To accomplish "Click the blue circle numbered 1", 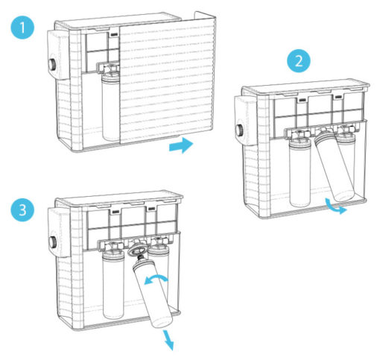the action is point(22,27).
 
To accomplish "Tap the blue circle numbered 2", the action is point(299,60).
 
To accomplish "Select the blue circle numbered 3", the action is point(22,209).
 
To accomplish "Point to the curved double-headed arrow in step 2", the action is point(335,206).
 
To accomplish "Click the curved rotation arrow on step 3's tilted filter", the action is point(156,279).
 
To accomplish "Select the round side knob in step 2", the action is point(241,130).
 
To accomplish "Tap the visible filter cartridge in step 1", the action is point(111,107).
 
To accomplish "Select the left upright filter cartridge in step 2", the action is point(300,172).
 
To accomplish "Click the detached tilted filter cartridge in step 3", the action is point(151,293).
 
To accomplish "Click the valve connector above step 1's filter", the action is point(109,68).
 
